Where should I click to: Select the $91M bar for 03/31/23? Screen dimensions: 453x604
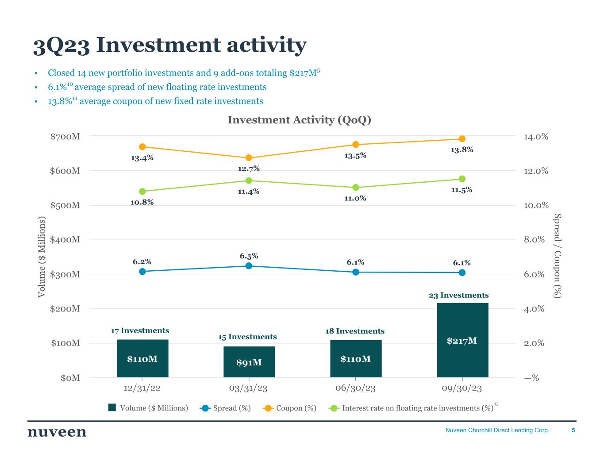[249, 362]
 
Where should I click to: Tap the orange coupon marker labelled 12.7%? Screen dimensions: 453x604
[249, 158]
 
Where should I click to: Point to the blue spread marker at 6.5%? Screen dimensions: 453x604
[249, 266]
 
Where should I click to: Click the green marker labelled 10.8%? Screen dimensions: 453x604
[142, 192]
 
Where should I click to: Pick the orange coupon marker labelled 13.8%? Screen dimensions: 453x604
[462, 139]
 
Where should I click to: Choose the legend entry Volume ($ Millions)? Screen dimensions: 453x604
[149, 408]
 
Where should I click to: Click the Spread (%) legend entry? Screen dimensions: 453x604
[226, 408]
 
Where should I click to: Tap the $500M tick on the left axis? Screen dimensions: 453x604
[65, 205]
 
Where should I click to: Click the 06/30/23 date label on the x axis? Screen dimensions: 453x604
[355, 388]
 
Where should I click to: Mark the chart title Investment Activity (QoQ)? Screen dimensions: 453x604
[299, 120]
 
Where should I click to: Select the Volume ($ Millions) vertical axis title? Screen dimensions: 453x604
[42, 257]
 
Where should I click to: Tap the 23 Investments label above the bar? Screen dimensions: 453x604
[459, 295]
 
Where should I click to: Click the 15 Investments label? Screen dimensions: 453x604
[247, 337]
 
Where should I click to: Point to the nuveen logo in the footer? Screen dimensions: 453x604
[57, 432]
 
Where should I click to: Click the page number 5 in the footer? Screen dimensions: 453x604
[573, 430]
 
